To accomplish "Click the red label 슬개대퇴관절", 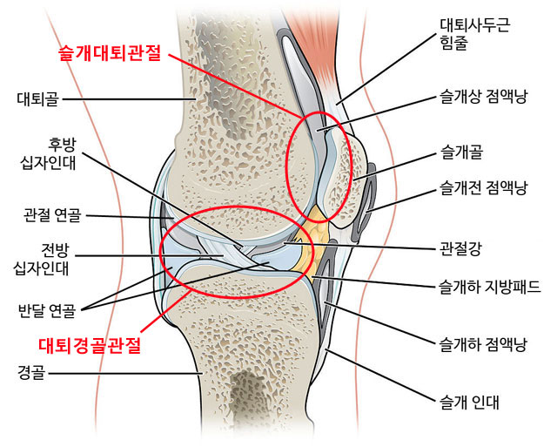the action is [x=109, y=54].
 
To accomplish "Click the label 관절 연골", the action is [x=55, y=214].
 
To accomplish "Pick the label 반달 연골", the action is [x=46, y=308].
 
